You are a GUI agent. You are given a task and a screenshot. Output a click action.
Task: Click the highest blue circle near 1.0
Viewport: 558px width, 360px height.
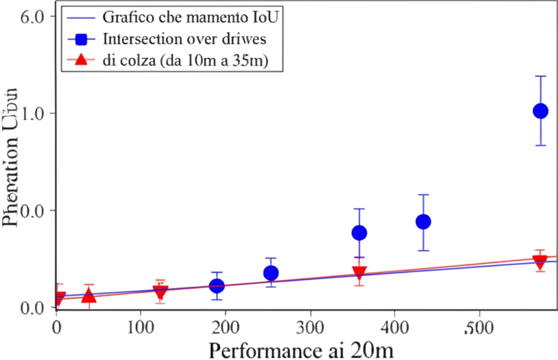(540, 111)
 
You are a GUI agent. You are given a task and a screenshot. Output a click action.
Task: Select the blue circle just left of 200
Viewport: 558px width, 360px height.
(217, 285)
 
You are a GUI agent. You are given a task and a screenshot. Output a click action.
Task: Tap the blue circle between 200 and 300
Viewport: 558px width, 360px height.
(271, 273)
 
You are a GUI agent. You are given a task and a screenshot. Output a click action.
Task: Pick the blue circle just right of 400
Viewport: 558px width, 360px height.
(423, 222)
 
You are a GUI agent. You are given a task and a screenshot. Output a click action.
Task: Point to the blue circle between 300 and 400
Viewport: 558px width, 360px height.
(359, 233)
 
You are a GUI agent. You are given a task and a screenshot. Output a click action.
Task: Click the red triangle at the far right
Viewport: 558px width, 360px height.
(540, 263)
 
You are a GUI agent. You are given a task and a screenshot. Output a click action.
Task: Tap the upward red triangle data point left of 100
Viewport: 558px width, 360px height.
(88, 296)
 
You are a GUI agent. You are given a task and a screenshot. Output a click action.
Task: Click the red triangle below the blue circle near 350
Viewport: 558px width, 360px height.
(359, 272)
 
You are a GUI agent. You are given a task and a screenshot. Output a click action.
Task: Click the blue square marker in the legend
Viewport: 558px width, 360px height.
(81, 39)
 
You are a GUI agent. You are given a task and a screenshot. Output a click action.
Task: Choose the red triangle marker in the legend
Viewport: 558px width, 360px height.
(81, 60)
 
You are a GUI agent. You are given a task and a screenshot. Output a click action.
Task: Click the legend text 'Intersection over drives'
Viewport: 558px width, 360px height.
(184, 39)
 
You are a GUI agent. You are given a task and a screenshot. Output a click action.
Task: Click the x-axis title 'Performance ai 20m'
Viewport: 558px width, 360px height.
(301, 349)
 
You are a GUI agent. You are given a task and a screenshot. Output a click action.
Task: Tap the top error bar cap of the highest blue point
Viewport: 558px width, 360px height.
(540, 76)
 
